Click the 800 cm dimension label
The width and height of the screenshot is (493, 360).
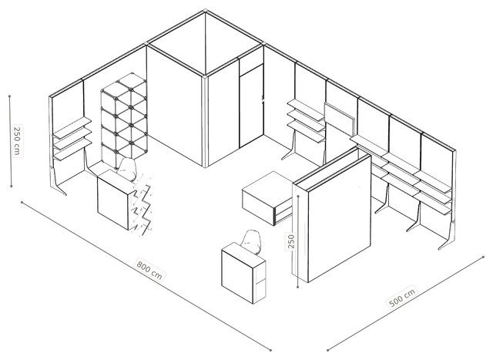[x=149, y=270]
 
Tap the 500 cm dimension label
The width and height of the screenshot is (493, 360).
[x=402, y=297]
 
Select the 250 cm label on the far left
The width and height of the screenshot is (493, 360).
[x=17, y=140]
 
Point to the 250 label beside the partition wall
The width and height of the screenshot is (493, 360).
[x=291, y=241]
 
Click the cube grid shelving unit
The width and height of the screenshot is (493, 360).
[x=124, y=120]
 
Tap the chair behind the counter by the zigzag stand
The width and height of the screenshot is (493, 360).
[x=127, y=170]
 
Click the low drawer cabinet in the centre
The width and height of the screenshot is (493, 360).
[x=268, y=197]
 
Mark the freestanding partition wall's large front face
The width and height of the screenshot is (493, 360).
[x=340, y=217]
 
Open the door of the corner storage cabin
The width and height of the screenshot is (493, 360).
[x=251, y=106]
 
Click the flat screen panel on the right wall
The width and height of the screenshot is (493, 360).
[x=340, y=118]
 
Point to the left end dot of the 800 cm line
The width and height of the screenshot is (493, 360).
[x=22, y=202]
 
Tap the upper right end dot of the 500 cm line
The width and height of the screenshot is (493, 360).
[x=483, y=257]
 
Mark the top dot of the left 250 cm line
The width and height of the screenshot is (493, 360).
[x=10, y=96]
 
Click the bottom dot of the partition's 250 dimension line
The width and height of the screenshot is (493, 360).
[x=298, y=287]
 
